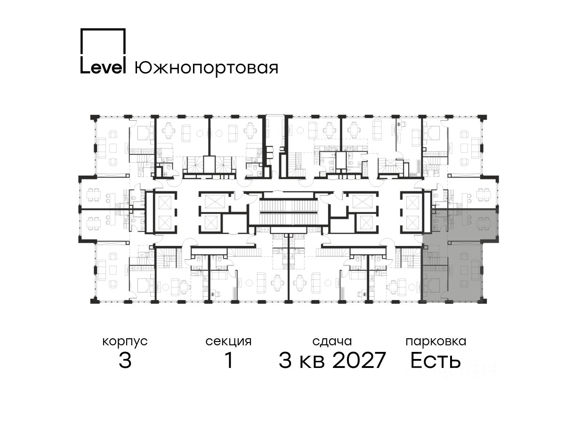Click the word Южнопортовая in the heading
tap(206, 68)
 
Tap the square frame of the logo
tap(103, 42)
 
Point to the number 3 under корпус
tap(125, 360)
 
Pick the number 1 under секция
tap(229, 360)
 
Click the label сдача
tap(332, 342)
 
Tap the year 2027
tap(359, 360)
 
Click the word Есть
tap(435, 360)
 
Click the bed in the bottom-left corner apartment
tap(143, 285)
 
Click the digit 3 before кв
tap(285, 360)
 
